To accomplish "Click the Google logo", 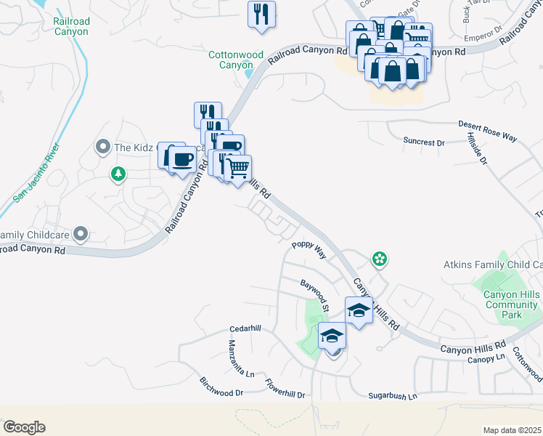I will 24,427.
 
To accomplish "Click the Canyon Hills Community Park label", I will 511,304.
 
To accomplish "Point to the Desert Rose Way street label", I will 487,131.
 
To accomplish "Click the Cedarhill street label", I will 245,328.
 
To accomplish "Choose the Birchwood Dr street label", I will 221,387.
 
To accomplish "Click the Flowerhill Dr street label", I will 285,389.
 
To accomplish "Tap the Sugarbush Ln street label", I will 393,397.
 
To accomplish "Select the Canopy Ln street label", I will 486,359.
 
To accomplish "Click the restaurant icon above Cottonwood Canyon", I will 261,14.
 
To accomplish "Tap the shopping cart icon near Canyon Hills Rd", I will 237,169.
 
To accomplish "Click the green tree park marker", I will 118,174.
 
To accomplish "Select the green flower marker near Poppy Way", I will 378,258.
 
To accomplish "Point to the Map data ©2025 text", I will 512,430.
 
